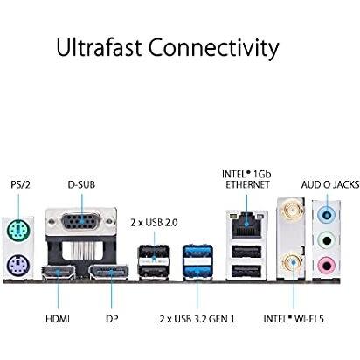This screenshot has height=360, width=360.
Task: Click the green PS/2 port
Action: click(18, 230)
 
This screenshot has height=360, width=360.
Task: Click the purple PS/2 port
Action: click(18, 266)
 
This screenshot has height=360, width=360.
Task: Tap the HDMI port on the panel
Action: click(58, 273)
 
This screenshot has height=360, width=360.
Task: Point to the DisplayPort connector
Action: click(108, 273)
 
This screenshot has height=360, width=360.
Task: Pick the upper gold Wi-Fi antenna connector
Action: click(290, 210)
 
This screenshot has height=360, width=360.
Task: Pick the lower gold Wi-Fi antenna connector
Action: click(293, 263)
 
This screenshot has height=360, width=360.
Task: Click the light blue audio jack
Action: click(327, 216)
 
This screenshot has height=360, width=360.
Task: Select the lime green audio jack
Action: click(327, 240)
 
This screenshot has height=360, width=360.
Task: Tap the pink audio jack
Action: click(327, 265)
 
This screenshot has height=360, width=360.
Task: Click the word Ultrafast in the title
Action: click(99, 47)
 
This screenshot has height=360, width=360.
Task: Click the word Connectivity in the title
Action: click(214, 48)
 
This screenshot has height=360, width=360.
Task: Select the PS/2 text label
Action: click(20, 184)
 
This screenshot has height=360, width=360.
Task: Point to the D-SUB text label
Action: click(81, 184)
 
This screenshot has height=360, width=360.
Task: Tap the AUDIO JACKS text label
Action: click(330, 184)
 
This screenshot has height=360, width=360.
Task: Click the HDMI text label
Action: click(58, 319)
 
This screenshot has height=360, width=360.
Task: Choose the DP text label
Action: click(112, 319)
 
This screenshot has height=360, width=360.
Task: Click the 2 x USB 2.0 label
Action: click(154, 223)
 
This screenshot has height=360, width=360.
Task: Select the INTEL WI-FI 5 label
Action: click(294, 319)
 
